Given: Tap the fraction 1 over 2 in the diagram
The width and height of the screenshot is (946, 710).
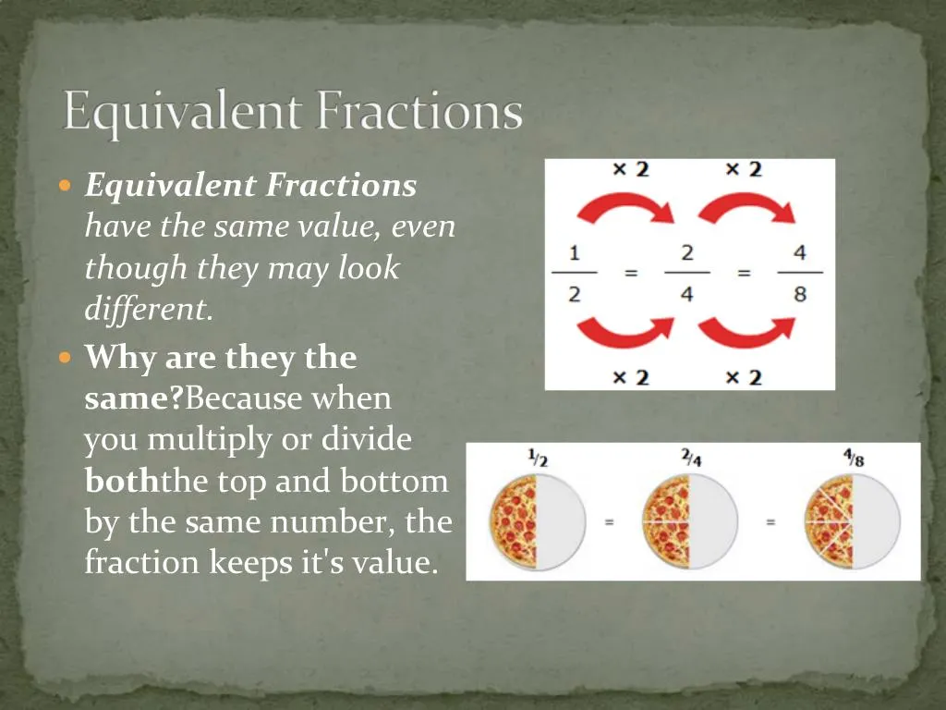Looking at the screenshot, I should coord(574,273).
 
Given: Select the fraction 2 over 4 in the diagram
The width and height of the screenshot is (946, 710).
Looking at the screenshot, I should coord(686,273).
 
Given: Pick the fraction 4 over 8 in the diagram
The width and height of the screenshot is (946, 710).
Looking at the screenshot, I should coord(799,273).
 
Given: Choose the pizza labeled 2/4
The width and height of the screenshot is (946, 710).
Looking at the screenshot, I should coord(692,522).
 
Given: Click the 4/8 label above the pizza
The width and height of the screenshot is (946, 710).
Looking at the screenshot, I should coord(851,457).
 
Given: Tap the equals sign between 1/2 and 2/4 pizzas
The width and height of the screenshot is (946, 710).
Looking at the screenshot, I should coord(610,522).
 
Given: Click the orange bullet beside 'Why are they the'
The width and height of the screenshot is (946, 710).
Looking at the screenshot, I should coord(65,357).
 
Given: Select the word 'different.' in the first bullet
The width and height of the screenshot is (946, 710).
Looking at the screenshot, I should coord(149,310).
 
